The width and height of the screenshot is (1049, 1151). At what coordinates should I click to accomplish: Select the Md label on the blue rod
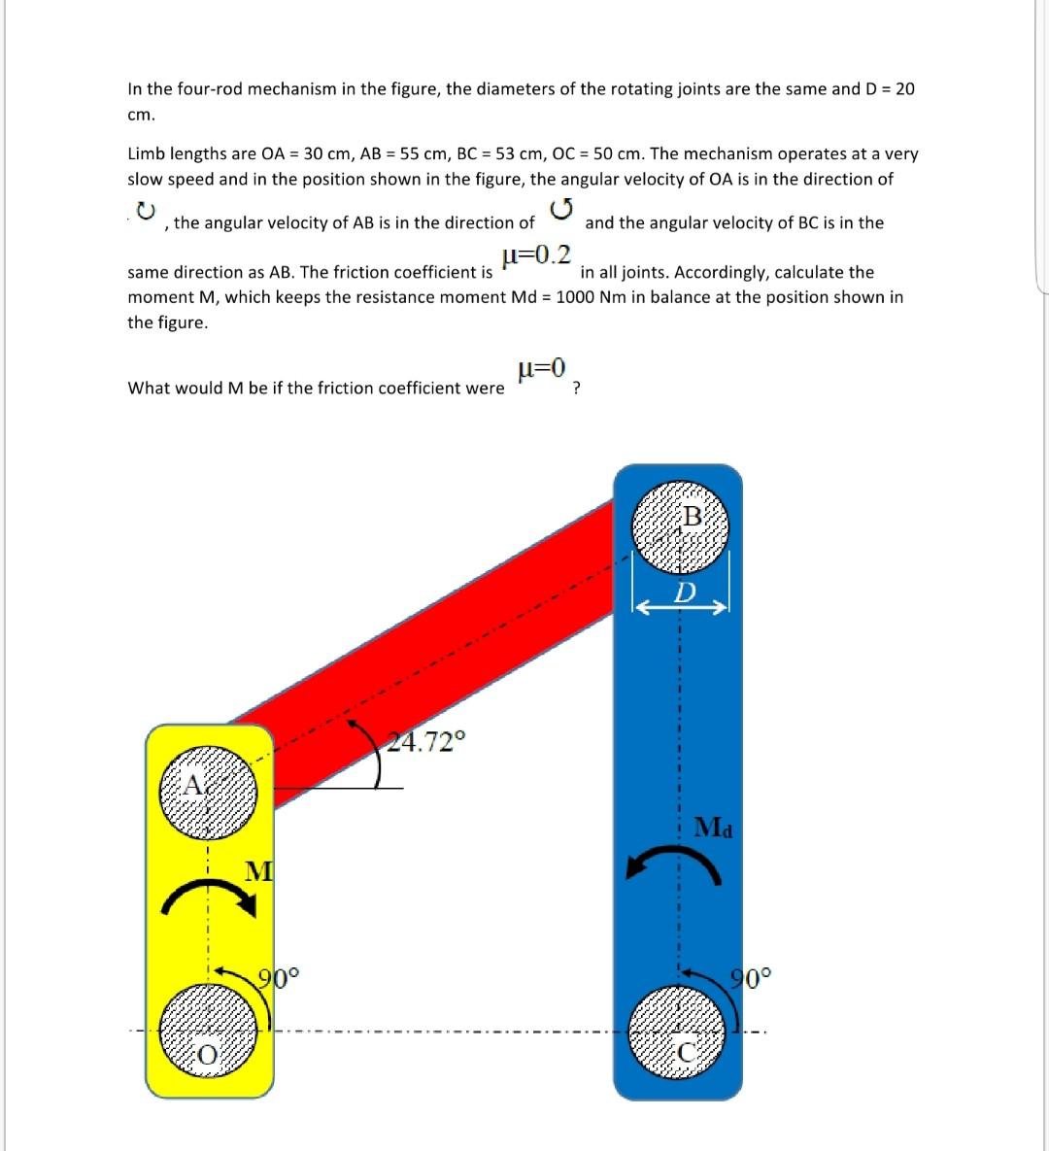[x=714, y=829]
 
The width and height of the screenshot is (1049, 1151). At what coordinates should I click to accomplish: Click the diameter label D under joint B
[x=686, y=592]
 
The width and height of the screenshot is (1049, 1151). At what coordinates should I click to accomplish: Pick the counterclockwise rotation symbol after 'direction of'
[x=560, y=209]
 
